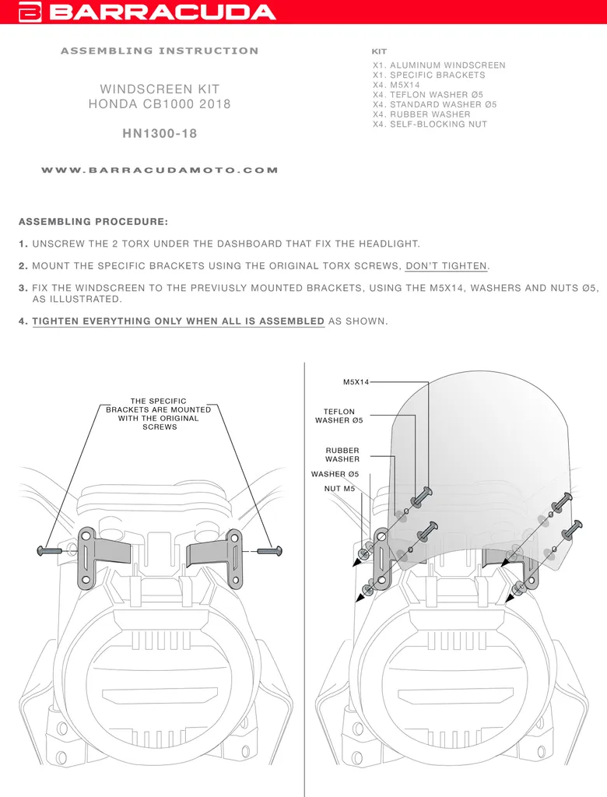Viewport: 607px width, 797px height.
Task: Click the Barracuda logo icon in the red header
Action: point(30,12)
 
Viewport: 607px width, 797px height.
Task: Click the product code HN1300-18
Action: point(160,134)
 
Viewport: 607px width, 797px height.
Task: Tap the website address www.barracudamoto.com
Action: point(160,170)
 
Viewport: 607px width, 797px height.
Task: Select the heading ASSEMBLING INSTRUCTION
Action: point(160,51)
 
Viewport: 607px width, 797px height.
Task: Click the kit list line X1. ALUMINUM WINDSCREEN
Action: point(439,65)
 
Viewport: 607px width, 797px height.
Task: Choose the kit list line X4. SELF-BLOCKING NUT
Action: point(430,124)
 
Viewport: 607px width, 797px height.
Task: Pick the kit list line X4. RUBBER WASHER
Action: point(422,114)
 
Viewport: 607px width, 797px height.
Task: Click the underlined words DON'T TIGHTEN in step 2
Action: point(447,266)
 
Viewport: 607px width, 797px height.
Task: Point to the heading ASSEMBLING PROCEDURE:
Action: point(93,222)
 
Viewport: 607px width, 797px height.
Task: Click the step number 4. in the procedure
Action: point(23,321)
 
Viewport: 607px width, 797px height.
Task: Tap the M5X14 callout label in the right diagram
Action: point(356,381)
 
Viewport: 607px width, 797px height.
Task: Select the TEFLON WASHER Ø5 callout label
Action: point(339,416)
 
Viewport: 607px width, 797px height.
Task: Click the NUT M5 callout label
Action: point(339,489)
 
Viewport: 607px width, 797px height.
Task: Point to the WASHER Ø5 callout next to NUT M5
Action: point(335,474)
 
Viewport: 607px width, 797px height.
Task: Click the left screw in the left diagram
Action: point(50,550)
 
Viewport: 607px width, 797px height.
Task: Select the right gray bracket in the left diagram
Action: point(214,557)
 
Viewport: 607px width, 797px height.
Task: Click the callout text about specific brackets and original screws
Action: point(159,414)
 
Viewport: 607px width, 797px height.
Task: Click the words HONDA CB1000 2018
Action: point(160,104)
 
